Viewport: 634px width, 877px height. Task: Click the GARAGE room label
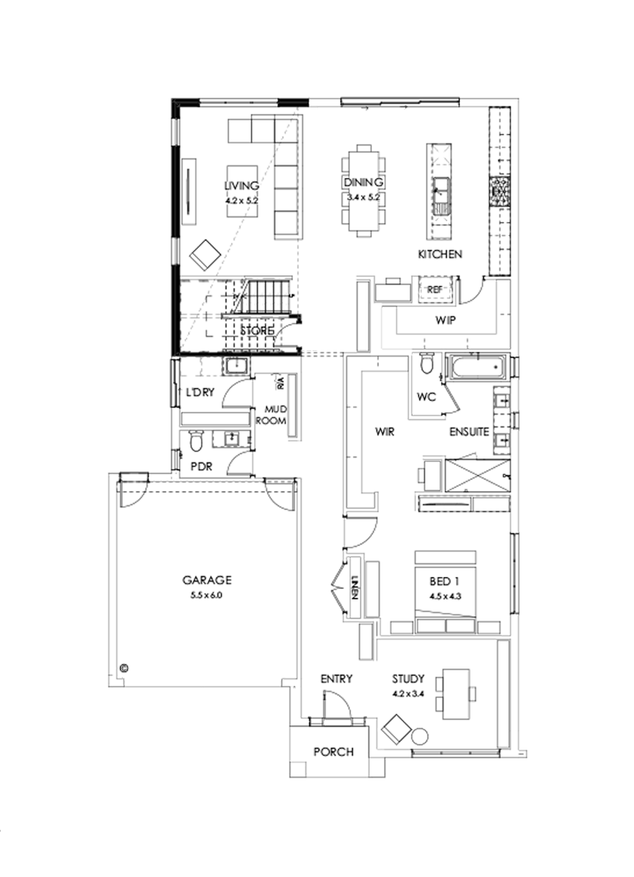(x=207, y=580)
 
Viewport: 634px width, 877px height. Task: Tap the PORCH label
(x=334, y=752)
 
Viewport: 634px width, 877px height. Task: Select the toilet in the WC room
(x=425, y=363)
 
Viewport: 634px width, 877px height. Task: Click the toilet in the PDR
(x=195, y=440)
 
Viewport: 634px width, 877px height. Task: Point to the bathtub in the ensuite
(x=475, y=367)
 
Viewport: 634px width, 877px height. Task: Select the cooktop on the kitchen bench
(x=501, y=191)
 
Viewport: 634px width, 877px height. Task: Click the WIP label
(x=445, y=320)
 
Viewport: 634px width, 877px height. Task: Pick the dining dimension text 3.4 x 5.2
(x=363, y=198)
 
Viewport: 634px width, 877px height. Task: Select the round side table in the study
(x=420, y=735)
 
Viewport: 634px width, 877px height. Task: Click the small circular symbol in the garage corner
(x=125, y=666)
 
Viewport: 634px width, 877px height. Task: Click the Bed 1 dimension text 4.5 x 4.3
(x=445, y=595)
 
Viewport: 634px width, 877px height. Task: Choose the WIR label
(x=384, y=432)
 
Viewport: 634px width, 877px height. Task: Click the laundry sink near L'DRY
(x=235, y=367)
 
